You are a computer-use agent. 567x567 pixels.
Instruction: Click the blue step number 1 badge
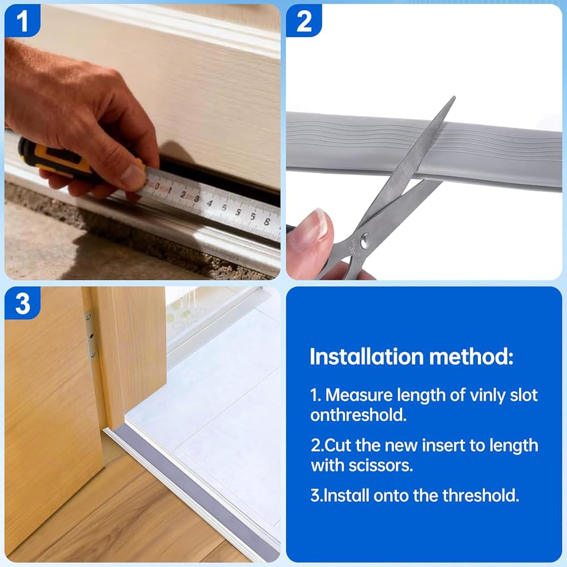point(22,20)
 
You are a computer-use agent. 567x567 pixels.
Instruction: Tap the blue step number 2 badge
point(303,20)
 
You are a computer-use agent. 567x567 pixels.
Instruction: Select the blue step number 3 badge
point(22,303)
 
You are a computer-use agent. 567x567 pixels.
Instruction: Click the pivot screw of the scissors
point(365,239)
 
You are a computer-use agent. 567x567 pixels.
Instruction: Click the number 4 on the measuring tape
point(209,203)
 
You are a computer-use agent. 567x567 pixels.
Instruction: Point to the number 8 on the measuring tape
point(267,221)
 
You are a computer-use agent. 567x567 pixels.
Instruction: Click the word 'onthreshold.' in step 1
point(358,415)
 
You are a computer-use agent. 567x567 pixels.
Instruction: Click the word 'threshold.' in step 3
point(481,496)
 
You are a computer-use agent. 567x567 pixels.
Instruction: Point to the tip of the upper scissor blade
point(454,97)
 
